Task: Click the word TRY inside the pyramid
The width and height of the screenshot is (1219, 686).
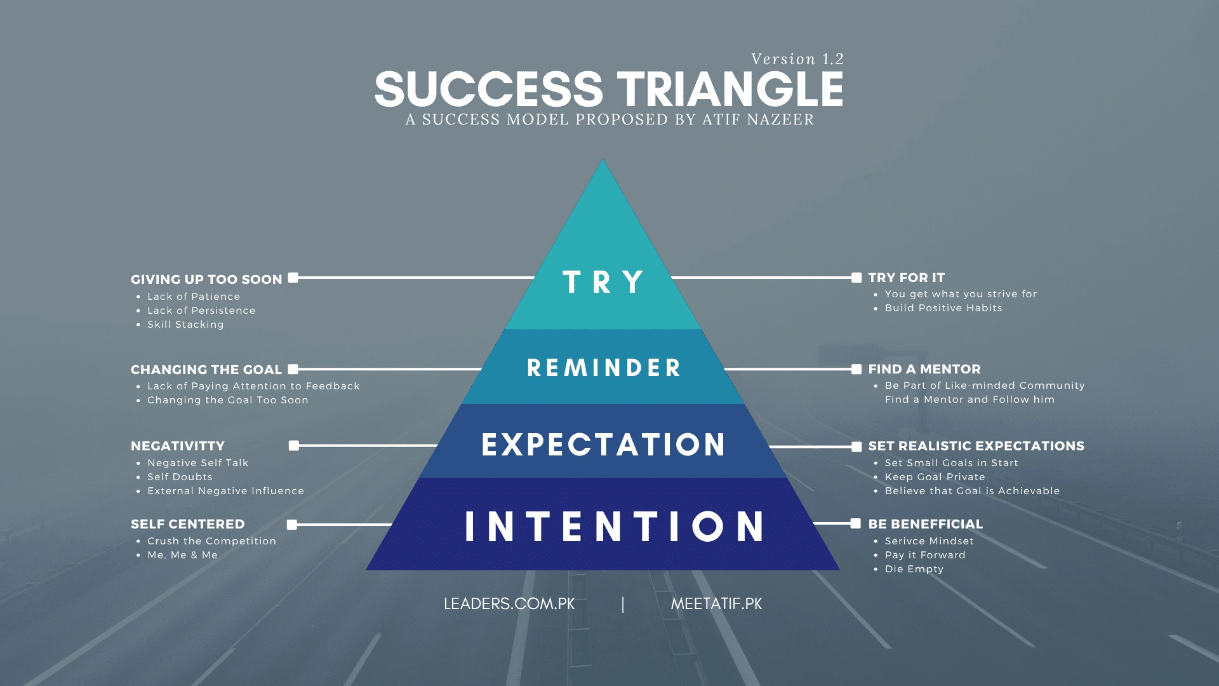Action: [603, 282]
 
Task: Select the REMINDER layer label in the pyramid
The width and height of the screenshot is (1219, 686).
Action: [604, 368]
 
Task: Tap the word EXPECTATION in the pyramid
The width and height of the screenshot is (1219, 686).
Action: [604, 445]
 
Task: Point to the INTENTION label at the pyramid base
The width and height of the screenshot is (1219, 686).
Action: [615, 527]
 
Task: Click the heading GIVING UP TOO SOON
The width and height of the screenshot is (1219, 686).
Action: [206, 279]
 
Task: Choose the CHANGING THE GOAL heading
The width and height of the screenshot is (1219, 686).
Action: [206, 370]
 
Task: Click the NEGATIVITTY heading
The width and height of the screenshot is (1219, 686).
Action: [178, 446]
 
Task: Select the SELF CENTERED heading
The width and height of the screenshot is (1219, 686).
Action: [187, 524]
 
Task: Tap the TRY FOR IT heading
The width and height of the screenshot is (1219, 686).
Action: [906, 278]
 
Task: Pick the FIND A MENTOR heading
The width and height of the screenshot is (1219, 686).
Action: [924, 369]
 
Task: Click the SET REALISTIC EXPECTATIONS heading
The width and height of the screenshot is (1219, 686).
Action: [976, 446]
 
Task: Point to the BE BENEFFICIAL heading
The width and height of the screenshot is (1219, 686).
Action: [925, 524]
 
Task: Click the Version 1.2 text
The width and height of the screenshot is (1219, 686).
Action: [797, 59]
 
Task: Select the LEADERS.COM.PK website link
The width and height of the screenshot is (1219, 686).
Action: [509, 604]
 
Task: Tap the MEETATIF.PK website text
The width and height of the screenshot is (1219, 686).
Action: [716, 604]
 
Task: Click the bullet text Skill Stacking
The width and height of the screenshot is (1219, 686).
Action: [185, 325]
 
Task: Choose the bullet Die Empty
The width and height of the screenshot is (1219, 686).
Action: [914, 569]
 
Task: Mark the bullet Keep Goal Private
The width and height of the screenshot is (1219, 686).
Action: [935, 477]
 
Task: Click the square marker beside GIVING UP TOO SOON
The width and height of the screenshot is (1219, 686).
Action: [293, 278]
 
